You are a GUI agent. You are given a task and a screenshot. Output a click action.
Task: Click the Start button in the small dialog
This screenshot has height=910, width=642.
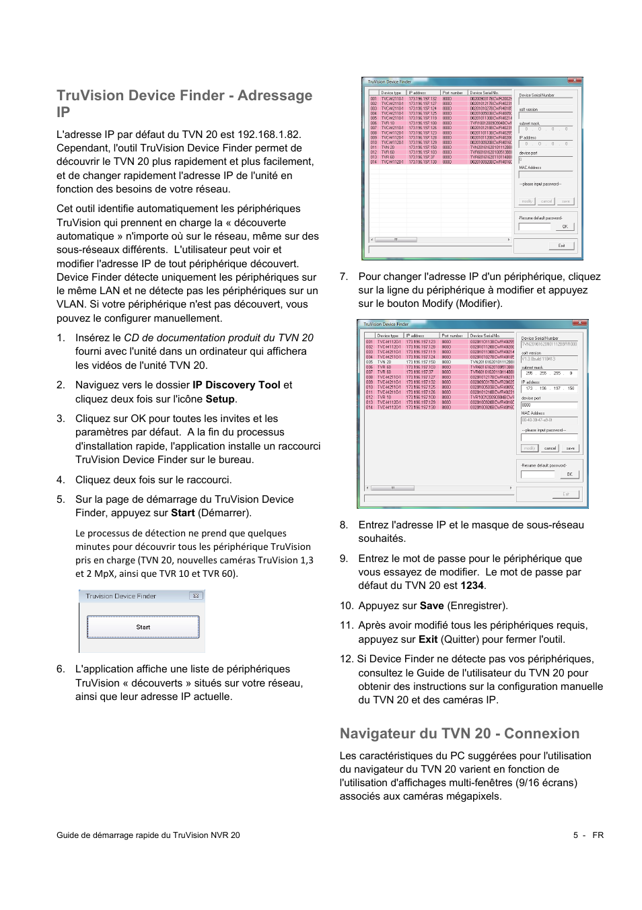tap(143, 627)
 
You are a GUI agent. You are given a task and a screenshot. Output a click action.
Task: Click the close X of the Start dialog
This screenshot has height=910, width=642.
tap(195, 596)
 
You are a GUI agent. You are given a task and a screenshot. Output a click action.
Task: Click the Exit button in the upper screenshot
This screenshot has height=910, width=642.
tap(561, 246)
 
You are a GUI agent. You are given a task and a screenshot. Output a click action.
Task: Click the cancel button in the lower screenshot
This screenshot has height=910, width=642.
tap(550, 448)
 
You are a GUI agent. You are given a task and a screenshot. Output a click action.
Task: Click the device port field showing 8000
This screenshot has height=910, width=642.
tap(548, 405)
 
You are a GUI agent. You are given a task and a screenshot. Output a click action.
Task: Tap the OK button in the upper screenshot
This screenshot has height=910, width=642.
tap(565, 227)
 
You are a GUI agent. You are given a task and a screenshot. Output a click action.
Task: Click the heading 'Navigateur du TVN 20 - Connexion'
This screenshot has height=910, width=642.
tap(459, 734)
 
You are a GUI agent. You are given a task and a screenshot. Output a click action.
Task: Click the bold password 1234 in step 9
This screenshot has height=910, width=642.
tap(472, 586)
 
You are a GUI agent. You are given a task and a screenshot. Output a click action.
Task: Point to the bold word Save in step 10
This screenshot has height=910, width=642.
tap(431, 606)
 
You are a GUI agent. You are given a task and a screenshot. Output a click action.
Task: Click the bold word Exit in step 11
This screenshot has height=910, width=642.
tap(428, 639)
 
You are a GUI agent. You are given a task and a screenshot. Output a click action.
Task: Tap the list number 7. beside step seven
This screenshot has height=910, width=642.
tap(344, 277)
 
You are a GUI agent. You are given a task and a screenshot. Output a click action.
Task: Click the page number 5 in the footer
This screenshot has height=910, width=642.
tap(575, 835)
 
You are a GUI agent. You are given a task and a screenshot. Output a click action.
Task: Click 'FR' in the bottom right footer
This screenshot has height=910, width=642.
tap(598, 835)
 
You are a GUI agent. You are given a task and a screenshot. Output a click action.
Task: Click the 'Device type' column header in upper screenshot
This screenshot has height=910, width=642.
tap(390, 93)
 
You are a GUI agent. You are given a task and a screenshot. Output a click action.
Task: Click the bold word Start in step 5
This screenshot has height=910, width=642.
tap(182, 513)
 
